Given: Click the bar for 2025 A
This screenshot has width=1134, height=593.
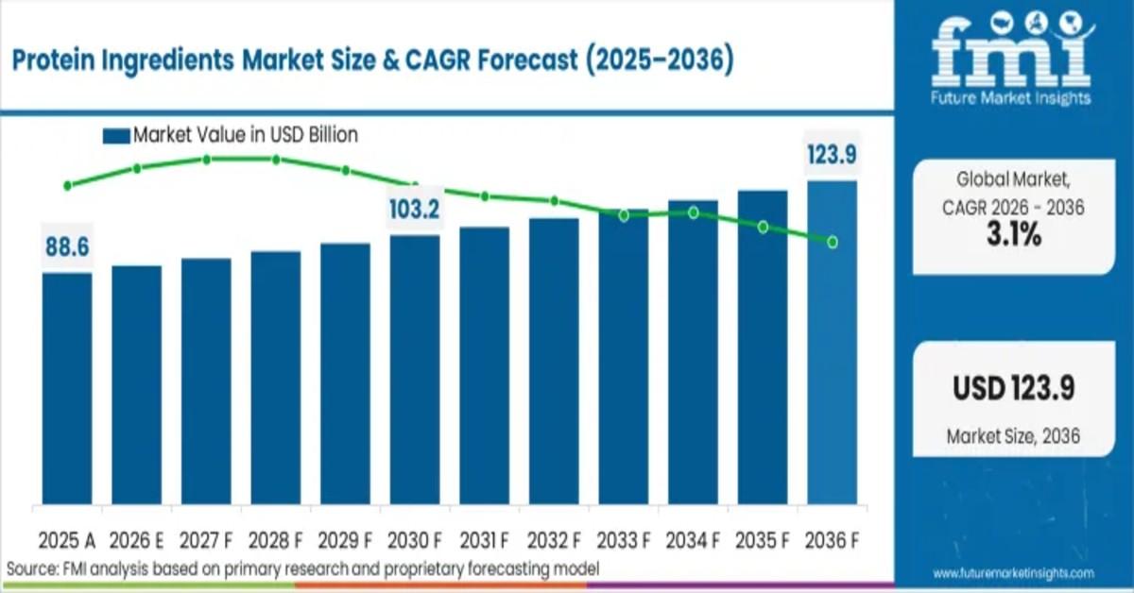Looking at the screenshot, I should coord(67,387).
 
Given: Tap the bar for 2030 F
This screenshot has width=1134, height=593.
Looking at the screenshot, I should coord(415,368).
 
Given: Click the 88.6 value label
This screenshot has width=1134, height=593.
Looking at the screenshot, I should coord(67,247).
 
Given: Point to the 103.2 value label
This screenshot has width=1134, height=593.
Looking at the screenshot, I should coord(415,210).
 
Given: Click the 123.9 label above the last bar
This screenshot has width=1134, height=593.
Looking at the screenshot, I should coord(833,155).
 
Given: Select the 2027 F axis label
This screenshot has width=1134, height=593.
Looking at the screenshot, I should coord(206,540).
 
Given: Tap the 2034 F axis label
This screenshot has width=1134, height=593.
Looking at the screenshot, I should coord(693,540).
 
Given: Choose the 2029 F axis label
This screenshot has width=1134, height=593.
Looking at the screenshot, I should coord(345,540).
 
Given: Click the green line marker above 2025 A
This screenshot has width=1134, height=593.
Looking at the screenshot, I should coord(67,185).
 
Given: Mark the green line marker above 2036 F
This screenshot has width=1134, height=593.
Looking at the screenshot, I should coord(833,242).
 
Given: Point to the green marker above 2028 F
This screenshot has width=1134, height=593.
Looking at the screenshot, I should coord(276,160).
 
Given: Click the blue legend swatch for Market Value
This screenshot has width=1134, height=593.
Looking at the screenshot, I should coord(115,136).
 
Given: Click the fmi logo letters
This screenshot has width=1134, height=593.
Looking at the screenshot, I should coord(1011,57).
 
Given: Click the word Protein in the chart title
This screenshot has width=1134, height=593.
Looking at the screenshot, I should coord(53,61).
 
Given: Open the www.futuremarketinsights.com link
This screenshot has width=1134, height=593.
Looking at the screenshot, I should coord(1013,573).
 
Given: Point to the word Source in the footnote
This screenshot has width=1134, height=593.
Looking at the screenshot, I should coord(28,568).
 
